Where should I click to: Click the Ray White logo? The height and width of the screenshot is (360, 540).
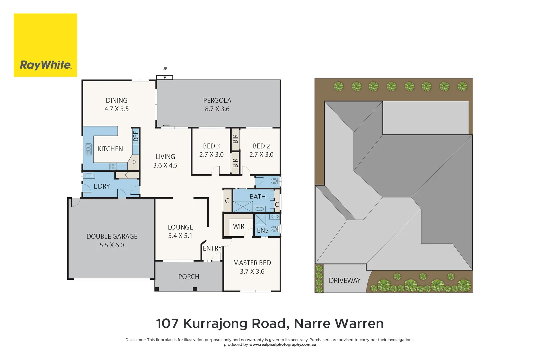pyautogui.click(x=45, y=45)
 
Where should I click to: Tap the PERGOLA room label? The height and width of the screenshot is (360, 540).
pyautogui.click(x=217, y=100)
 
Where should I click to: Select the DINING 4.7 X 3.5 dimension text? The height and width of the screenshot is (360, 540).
pyautogui.click(x=116, y=109)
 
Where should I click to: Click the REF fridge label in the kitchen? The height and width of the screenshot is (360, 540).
pyautogui.click(x=136, y=136)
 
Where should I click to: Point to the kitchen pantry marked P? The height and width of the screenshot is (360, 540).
pyautogui.click(x=134, y=163)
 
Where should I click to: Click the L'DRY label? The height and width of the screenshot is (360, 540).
pyautogui.click(x=102, y=186)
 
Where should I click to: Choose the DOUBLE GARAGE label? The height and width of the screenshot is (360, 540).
pyautogui.click(x=112, y=236)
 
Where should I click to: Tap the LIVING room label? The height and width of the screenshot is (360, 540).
pyautogui.click(x=165, y=157)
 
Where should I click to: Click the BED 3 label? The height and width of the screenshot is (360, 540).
pyautogui.click(x=211, y=146)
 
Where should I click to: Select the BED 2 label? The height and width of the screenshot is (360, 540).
pyautogui.click(x=261, y=146)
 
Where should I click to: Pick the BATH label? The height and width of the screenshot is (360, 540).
pyautogui.click(x=257, y=196)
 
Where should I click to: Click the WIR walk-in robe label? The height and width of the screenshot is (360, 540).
pyautogui.click(x=239, y=226)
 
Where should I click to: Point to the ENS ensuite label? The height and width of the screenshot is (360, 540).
pyautogui.click(x=263, y=230)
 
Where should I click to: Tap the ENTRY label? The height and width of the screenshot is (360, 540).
pyautogui.click(x=212, y=248)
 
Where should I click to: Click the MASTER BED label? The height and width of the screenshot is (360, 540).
pyautogui.click(x=252, y=263)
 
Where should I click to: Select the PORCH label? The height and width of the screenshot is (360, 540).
pyautogui.click(x=189, y=277)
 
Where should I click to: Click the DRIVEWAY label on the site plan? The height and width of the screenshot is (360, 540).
pyautogui.click(x=345, y=281)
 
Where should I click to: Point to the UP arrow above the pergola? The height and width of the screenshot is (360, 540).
pyautogui.click(x=165, y=77)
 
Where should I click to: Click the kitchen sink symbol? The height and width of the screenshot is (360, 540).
pyautogui.click(x=88, y=149)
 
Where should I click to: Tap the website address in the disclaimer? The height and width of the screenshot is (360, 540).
pyautogui.click(x=283, y=345)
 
